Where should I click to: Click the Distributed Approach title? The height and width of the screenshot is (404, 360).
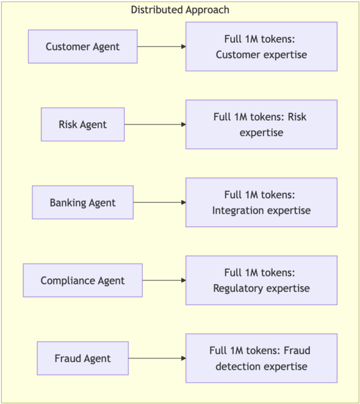[180, 10]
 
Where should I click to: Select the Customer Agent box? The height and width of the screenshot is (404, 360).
[83, 46]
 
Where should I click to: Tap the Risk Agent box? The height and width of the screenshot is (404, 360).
[83, 124]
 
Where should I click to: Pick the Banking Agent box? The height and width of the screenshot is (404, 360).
[83, 203]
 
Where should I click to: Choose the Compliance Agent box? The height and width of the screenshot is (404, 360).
[83, 280]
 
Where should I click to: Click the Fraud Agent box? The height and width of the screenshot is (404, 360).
[83, 358]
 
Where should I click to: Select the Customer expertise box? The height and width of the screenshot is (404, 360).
[261, 46]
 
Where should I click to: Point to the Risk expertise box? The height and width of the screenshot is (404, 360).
[261, 124]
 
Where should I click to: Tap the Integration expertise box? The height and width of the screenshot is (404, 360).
[261, 203]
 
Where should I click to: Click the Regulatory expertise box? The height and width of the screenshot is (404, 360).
[261, 280]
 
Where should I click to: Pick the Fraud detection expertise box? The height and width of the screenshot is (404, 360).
[261, 358]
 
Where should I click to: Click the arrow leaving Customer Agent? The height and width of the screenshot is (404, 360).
[162, 46]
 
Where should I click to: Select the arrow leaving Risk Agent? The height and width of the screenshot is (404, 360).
[155, 124]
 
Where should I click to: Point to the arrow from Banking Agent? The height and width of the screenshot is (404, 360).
[159, 203]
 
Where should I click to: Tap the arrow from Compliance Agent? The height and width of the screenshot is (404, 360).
[164, 280]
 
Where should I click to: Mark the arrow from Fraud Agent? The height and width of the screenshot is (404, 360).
[157, 358]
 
